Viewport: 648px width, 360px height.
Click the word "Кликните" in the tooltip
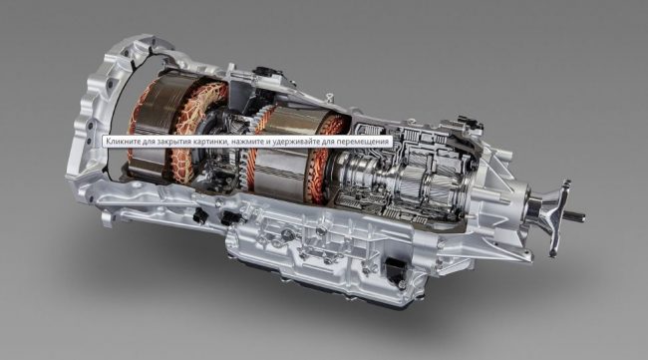pos(121,142)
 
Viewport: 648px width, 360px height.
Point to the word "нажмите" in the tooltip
pos(245,142)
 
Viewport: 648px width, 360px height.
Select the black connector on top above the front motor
pos(268,74)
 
